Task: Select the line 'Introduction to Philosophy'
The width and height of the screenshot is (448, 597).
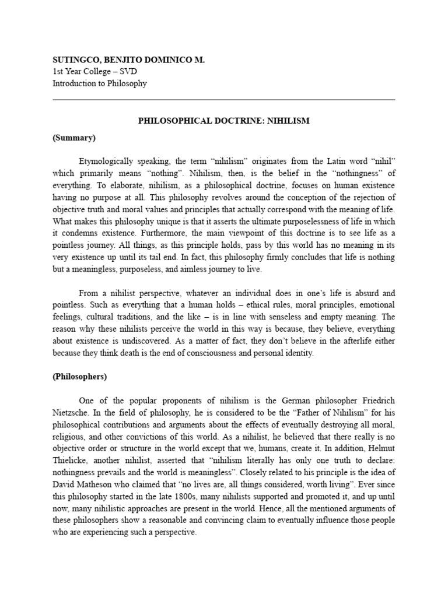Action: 100,83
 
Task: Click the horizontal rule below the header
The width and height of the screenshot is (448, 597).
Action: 224,100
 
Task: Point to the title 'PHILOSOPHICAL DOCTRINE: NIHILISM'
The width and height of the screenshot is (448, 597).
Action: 224,121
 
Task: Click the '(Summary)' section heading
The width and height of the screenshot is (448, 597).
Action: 74,138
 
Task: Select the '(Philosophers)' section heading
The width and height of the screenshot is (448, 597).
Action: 80,376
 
